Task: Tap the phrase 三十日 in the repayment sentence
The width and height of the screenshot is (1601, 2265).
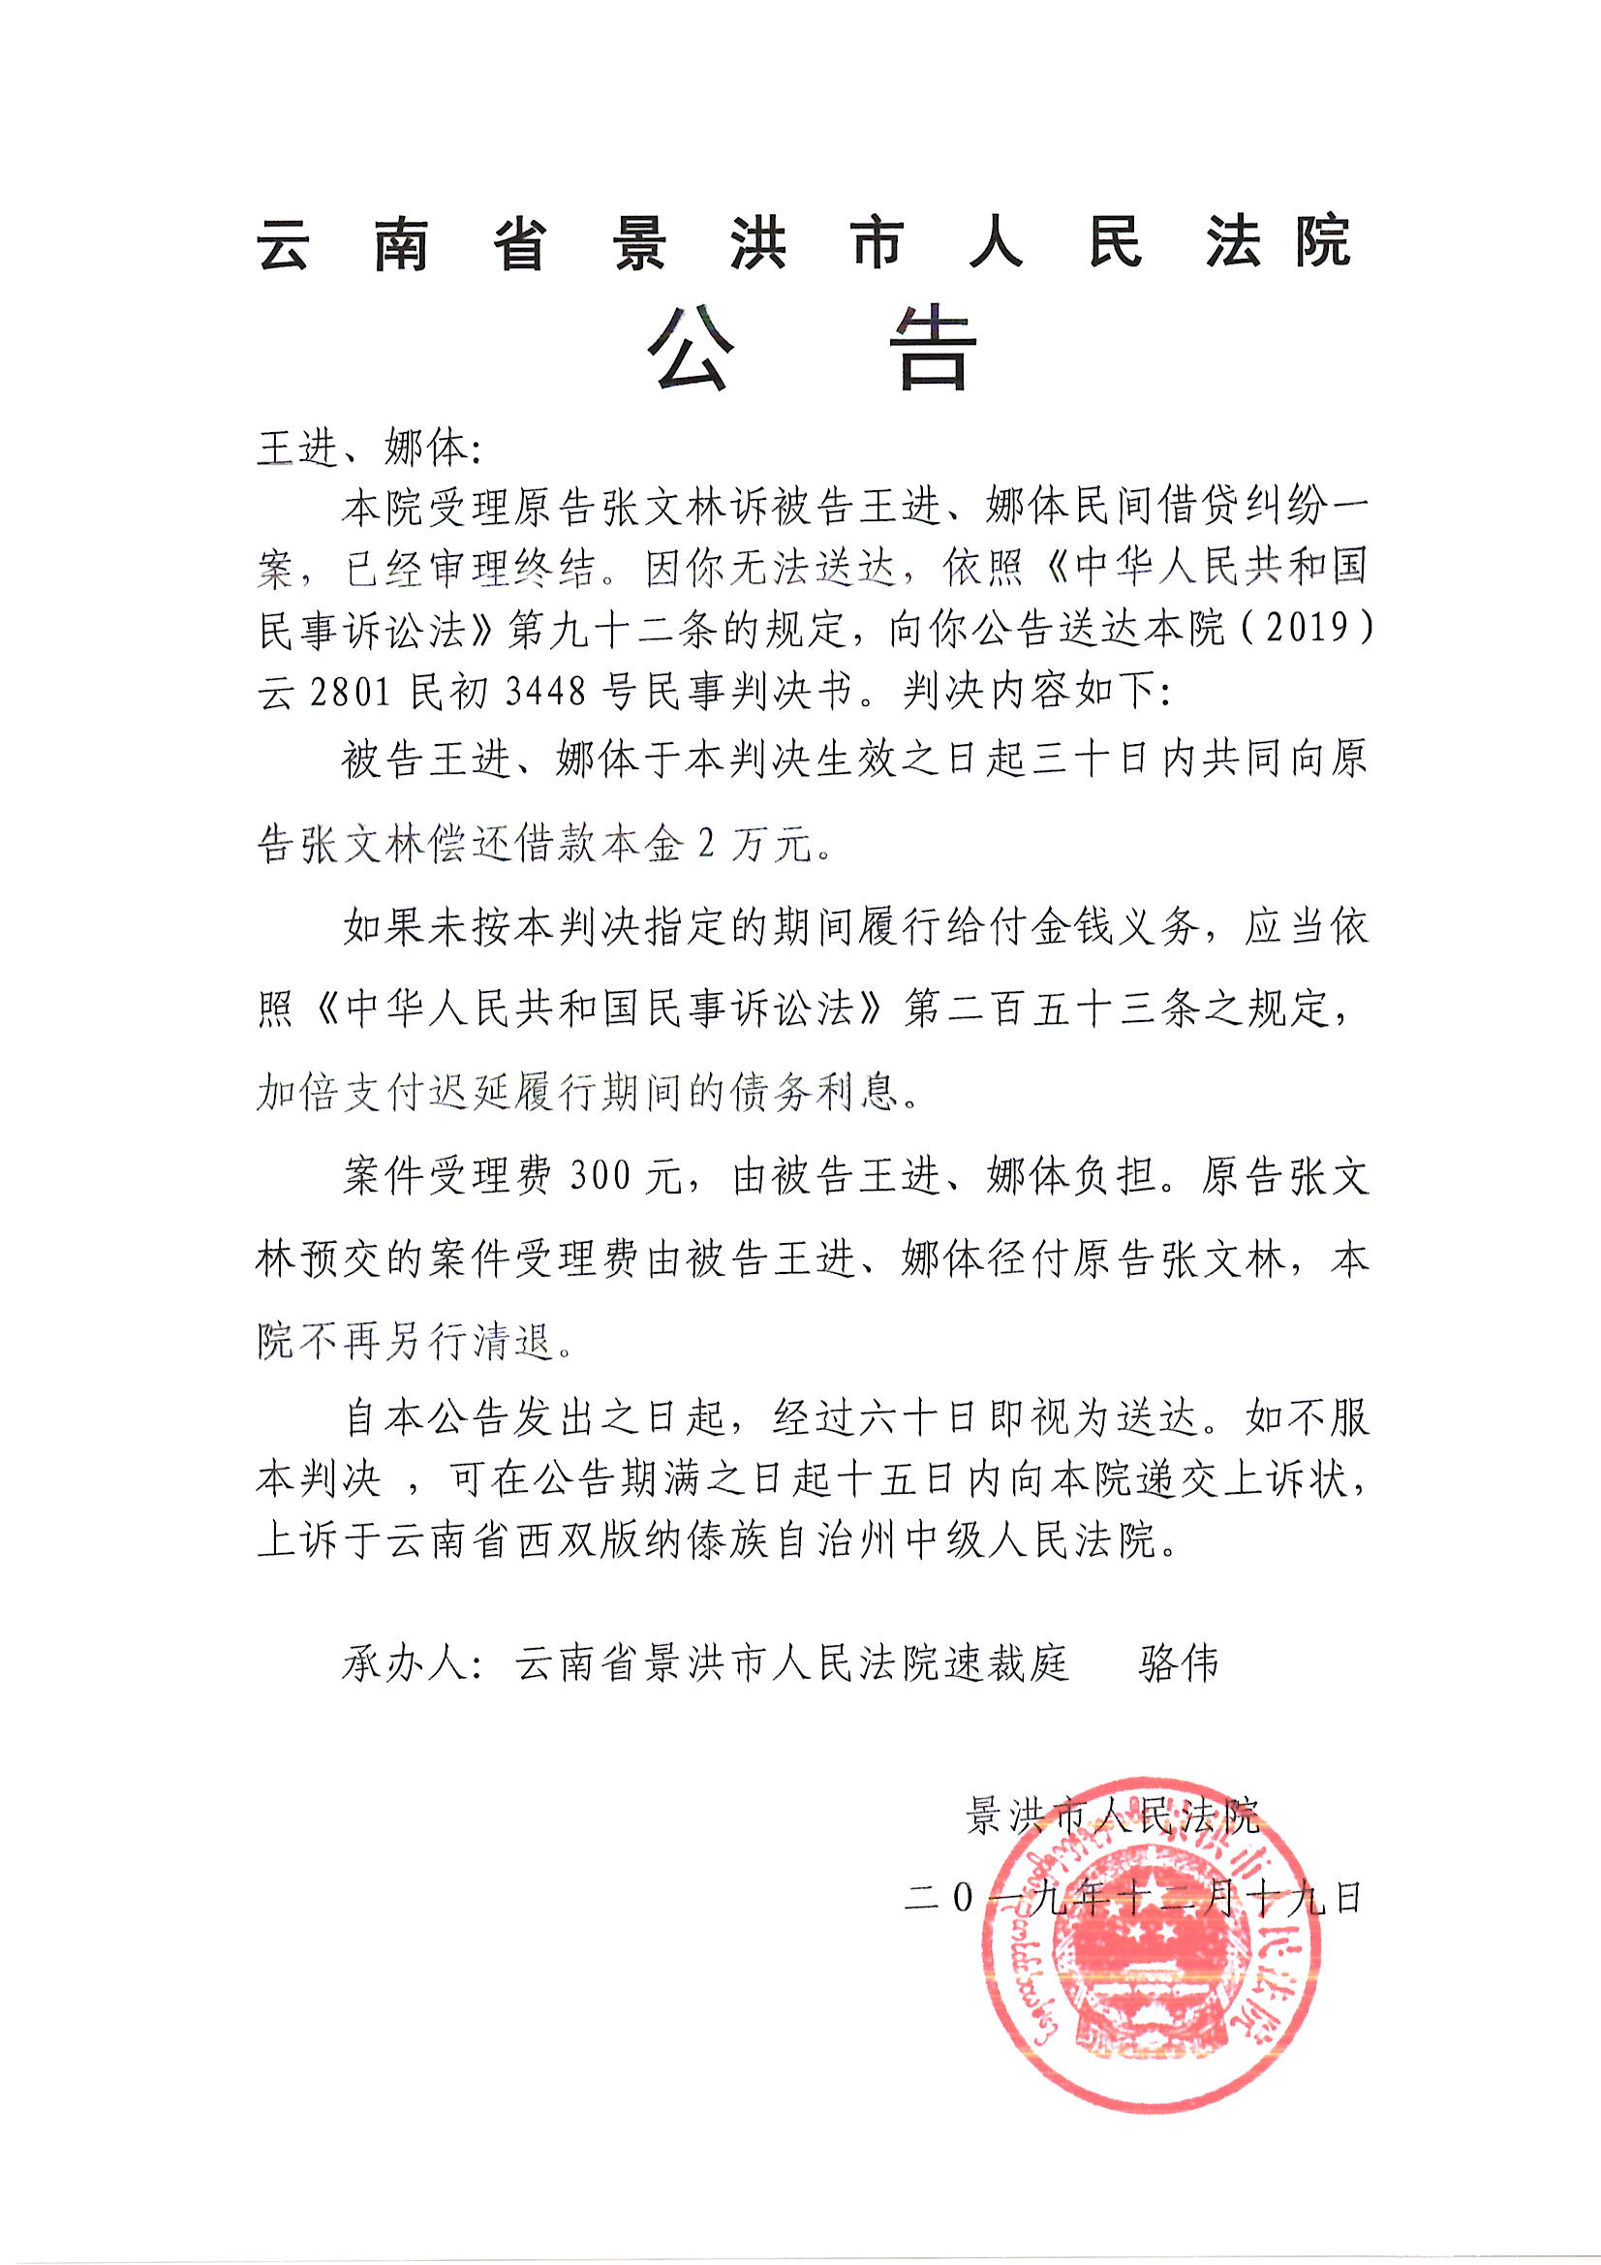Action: (1073, 761)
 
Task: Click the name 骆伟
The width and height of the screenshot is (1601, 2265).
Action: (1178, 1664)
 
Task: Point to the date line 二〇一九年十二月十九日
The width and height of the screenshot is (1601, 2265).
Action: (1132, 1897)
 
